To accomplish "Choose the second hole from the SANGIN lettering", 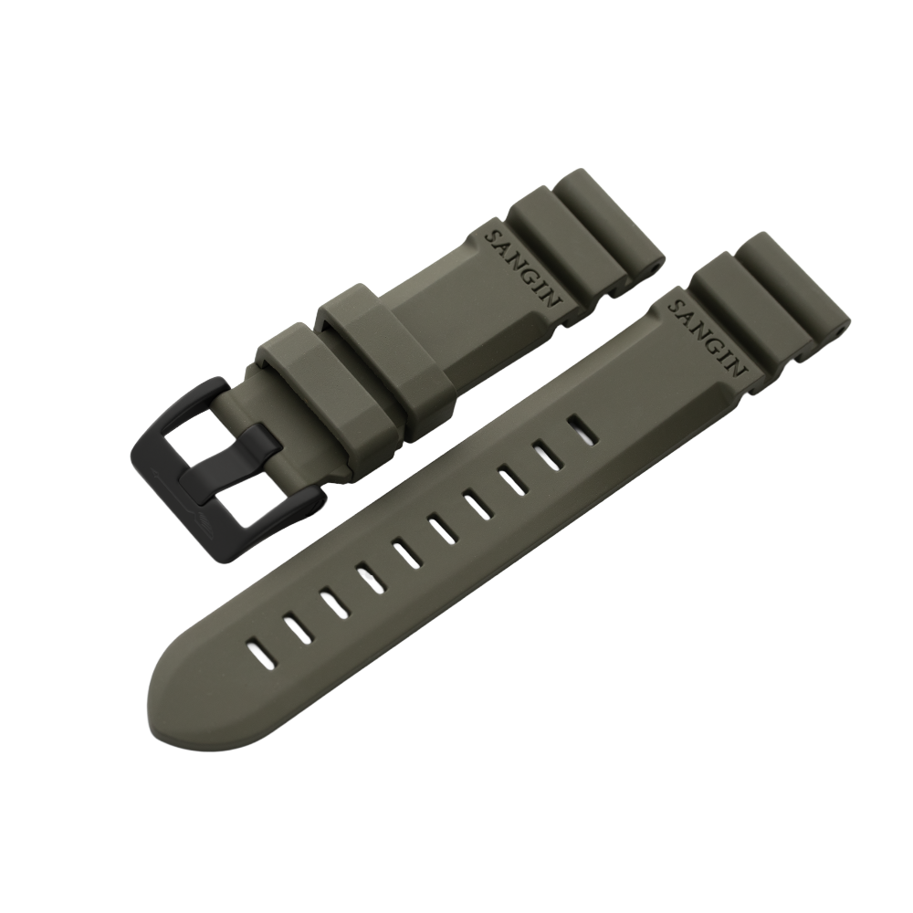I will coord(547,450).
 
